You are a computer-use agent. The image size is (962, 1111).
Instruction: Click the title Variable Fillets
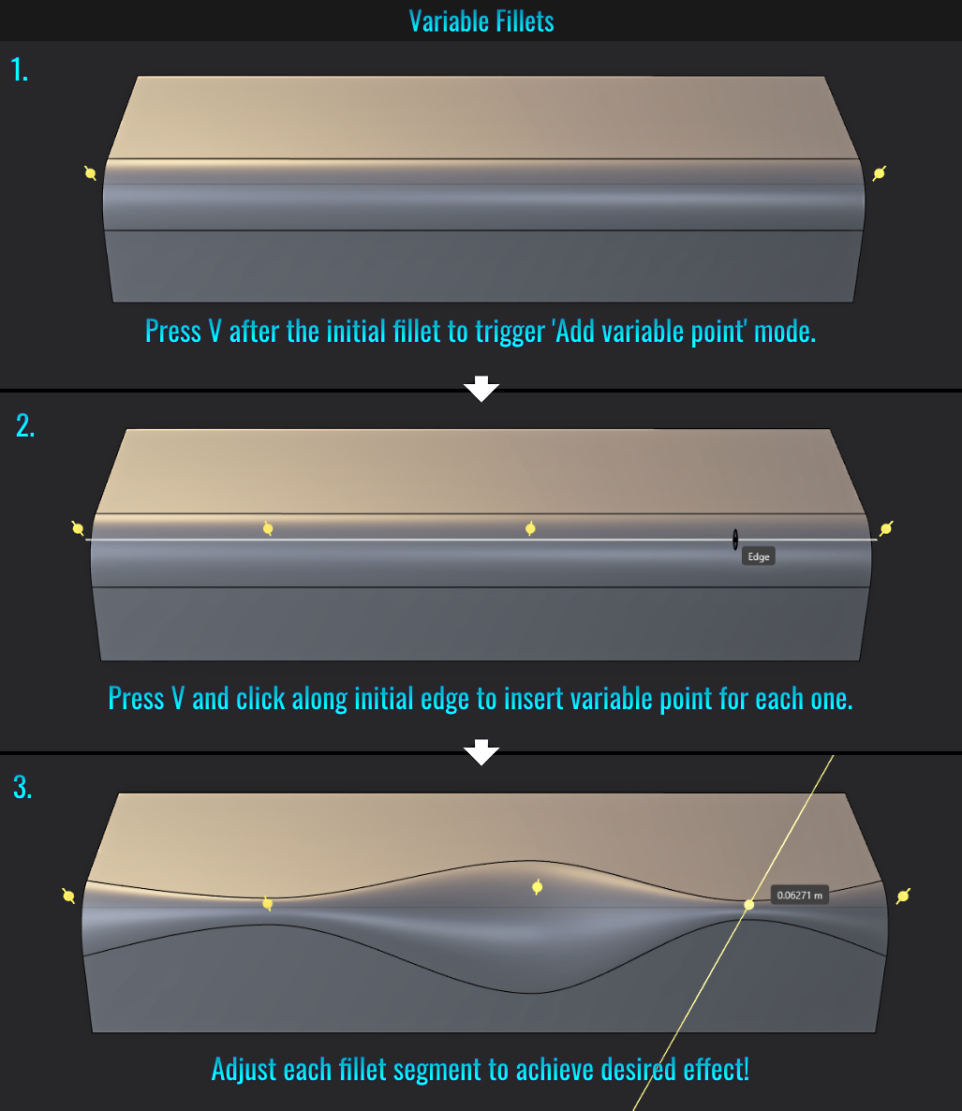coord(481,22)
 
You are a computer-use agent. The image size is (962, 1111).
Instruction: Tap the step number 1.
coord(20,69)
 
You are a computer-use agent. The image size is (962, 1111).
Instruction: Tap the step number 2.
coord(24,425)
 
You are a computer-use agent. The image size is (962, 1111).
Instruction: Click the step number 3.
coord(22,787)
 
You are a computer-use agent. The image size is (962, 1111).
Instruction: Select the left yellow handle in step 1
coord(90,173)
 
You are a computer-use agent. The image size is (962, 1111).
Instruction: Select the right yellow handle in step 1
coord(880,173)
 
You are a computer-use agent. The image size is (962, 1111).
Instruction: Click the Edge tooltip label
coord(759,556)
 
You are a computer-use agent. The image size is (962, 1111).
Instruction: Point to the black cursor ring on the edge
coord(735,540)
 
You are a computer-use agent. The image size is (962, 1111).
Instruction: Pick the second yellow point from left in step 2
coord(268,528)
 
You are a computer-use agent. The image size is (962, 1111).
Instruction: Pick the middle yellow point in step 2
coord(530,528)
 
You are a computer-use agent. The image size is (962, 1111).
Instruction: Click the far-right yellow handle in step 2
coord(886,528)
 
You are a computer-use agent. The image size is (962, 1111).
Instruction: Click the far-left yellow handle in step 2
coord(78,528)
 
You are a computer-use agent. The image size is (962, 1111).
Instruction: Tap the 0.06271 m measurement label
coord(800,895)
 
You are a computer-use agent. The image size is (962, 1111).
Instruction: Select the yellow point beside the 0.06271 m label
coord(748,904)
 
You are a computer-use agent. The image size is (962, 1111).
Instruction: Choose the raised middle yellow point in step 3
coord(538,886)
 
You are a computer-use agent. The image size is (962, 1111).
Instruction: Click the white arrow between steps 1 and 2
coord(481,388)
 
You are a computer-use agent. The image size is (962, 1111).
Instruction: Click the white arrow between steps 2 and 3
coord(481,752)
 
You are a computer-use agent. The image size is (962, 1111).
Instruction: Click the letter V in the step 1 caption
coord(215,331)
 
